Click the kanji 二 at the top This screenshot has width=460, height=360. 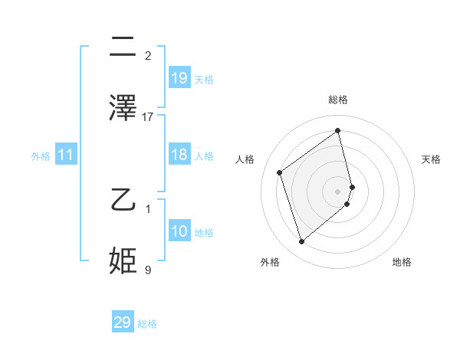(123, 47)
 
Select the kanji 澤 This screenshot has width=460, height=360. (123, 108)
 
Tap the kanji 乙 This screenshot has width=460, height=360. (123, 201)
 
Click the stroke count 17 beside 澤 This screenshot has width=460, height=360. (148, 116)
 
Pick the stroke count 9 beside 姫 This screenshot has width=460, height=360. (148, 270)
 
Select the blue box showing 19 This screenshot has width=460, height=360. (179, 78)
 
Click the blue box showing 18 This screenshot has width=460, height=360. (179, 155)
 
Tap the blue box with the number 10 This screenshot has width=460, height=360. (179, 231)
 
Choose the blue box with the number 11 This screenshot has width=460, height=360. (66, 155)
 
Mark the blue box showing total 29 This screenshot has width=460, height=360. (123, 322)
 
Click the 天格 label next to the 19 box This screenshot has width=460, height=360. (204, 80)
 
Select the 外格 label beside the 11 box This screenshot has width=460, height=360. (41, 156)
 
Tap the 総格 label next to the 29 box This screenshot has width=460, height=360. (147, 324)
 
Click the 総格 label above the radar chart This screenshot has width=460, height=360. (338, 100)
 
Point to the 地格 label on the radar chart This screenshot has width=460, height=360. (402, 262)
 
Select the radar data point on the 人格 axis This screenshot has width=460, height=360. (280, 172)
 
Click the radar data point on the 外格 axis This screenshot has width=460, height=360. (301, 242)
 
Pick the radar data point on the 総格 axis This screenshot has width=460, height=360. (337, 130)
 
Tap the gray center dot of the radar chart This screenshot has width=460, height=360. (337, 190)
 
